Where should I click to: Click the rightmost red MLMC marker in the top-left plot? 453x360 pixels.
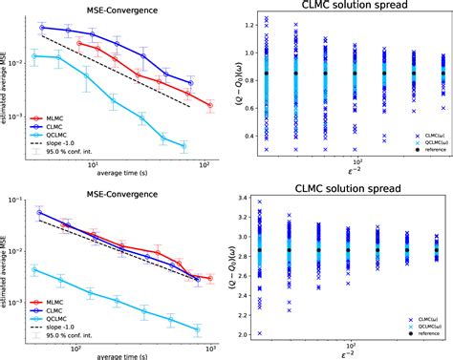pos(209,105)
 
